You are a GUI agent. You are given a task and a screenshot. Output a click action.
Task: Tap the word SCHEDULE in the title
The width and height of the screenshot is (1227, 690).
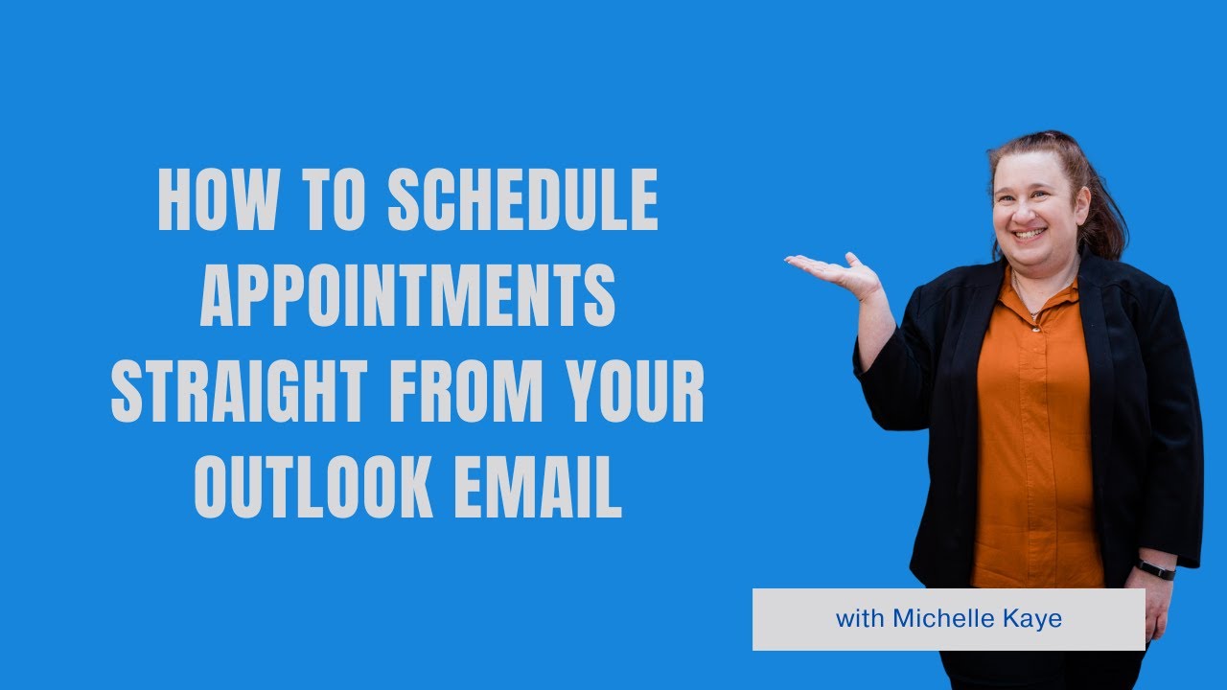[x=523, y=200]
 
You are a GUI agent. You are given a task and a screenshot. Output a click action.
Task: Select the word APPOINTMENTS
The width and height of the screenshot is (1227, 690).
[x=407, y=296]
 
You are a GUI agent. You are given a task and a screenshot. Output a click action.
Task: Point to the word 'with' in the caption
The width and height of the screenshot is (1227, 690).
[x=860, y=619]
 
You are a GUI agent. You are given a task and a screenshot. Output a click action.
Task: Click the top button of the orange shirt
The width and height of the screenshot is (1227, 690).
[x=1035, y=326]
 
